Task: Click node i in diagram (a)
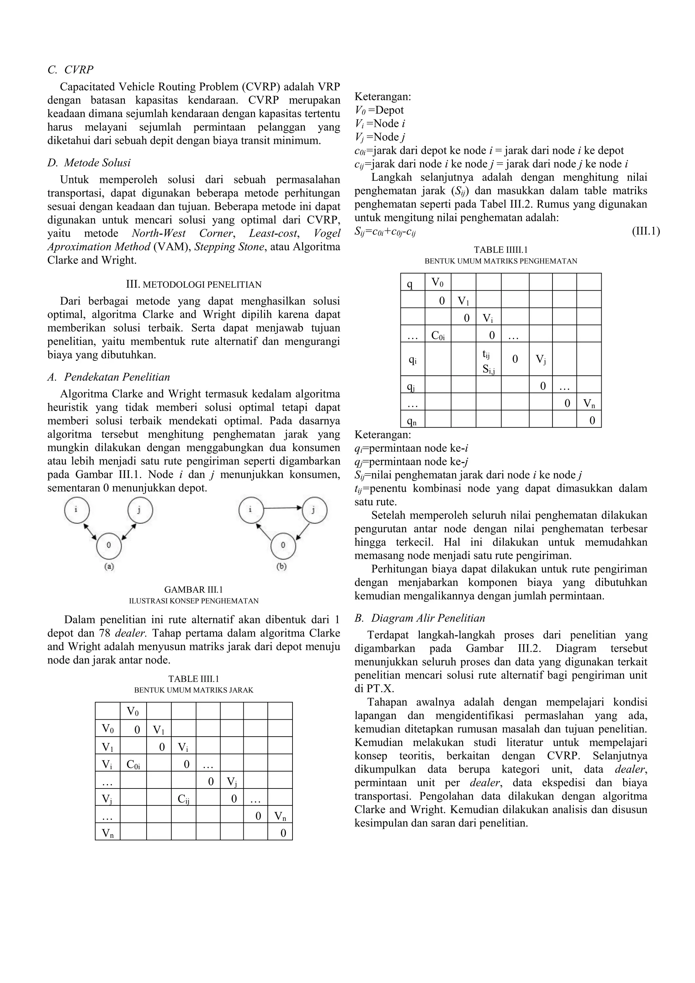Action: (x=77, y=510)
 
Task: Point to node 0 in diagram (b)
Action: (x=283, y=545)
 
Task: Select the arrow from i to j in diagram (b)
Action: (x=282, y=508)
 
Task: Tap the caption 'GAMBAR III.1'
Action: (x=193, y=590)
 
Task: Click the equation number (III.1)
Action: (x=646, y=231)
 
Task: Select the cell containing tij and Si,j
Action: (x=488, y=359)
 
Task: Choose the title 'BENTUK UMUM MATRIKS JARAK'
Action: (x=193, y=690)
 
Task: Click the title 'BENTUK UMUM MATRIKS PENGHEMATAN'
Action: (x=500, y=261)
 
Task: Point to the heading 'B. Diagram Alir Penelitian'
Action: (x=420, y=618)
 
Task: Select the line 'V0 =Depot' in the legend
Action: (x=379, y=110)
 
